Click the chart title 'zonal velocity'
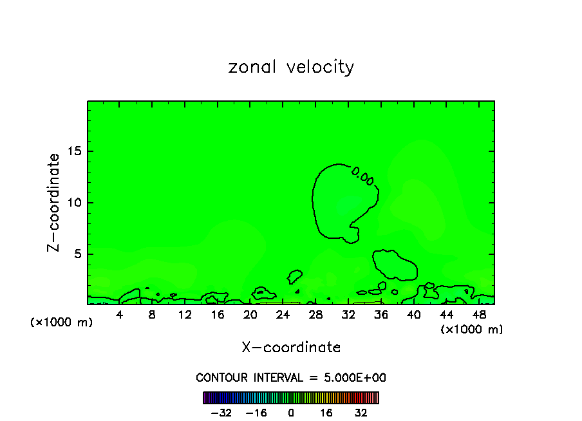point(291,67)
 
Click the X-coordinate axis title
point(291,348)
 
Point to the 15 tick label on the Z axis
point(75,151)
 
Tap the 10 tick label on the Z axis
point(75,203)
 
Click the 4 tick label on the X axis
point(120,315)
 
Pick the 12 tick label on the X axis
point(185,315)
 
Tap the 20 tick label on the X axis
point(250,315)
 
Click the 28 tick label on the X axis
point(315,315)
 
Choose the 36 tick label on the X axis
point(381,315)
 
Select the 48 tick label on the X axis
point(479,315)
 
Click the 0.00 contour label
point(363,176)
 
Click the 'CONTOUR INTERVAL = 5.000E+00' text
point(291,377)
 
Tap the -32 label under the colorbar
point(221,413)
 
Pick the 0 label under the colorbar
point(291,413)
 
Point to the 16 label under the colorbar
point(326,413)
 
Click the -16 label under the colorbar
point(256,413)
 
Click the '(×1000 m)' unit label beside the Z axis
point(62,323)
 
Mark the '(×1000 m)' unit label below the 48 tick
point(472,330)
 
